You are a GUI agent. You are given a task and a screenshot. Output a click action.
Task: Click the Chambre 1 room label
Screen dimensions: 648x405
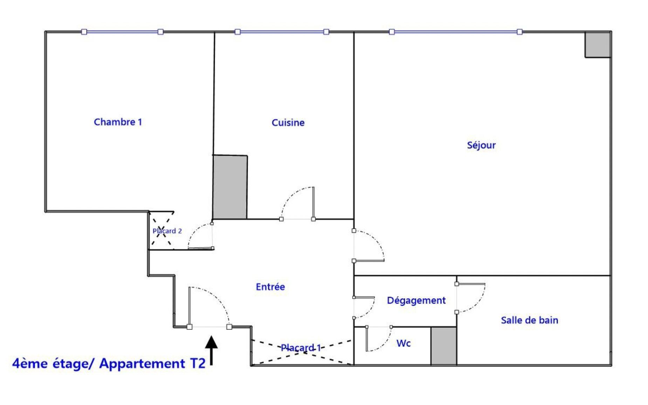pyautogui.click(x=118, y=122)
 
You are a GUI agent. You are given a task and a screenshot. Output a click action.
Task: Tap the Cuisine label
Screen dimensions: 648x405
pyautogui.click(x=288, y=123)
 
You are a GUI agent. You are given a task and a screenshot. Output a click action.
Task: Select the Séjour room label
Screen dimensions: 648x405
pyautogui.click(x=481, y=145)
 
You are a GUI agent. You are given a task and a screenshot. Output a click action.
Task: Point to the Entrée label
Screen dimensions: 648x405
pyautogui.click(x=270, y=287)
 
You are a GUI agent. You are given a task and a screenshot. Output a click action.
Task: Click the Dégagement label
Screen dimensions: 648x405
pyautogui.click(x=416, y=300)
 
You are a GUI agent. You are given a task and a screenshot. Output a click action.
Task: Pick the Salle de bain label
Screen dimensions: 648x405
pyautogui.click(x=529, y=320)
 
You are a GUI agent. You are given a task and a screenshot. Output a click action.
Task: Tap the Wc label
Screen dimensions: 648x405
pyautogui.click(x=403, y=343)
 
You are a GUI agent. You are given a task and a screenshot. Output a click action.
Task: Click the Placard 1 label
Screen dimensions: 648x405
pyautogui.click(x=301, y=348)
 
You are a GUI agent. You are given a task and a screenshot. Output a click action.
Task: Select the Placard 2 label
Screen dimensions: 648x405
pyautogui.click(x=167, y=231)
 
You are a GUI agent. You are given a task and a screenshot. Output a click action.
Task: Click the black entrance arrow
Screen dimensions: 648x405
pyautogui.click(x=211, y=350)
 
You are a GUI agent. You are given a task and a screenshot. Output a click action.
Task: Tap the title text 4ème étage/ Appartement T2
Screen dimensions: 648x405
pyautogui.click(x=109, y=364)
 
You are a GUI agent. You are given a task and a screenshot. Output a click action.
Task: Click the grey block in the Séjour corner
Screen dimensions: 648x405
pyautogui.click(x=598, y=44)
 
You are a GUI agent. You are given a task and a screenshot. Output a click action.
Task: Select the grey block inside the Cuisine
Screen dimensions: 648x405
pyautogui.click(x=230, y=187)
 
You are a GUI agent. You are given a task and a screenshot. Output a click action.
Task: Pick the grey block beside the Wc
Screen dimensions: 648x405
pyautogui.click(x=443, y=346)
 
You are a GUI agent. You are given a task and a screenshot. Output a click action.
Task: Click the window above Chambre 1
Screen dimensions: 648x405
pyautogui.click(x=122, y=32)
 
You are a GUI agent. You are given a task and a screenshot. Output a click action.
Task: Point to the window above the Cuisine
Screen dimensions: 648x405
pyautogui.click(x=282, y=32)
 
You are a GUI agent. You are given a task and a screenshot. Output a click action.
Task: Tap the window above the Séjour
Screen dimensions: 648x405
pyautogui.click(x=456, y=32)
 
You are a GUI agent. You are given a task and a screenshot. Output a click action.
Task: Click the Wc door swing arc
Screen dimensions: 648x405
pyautogui.click(x=386, y=343)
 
